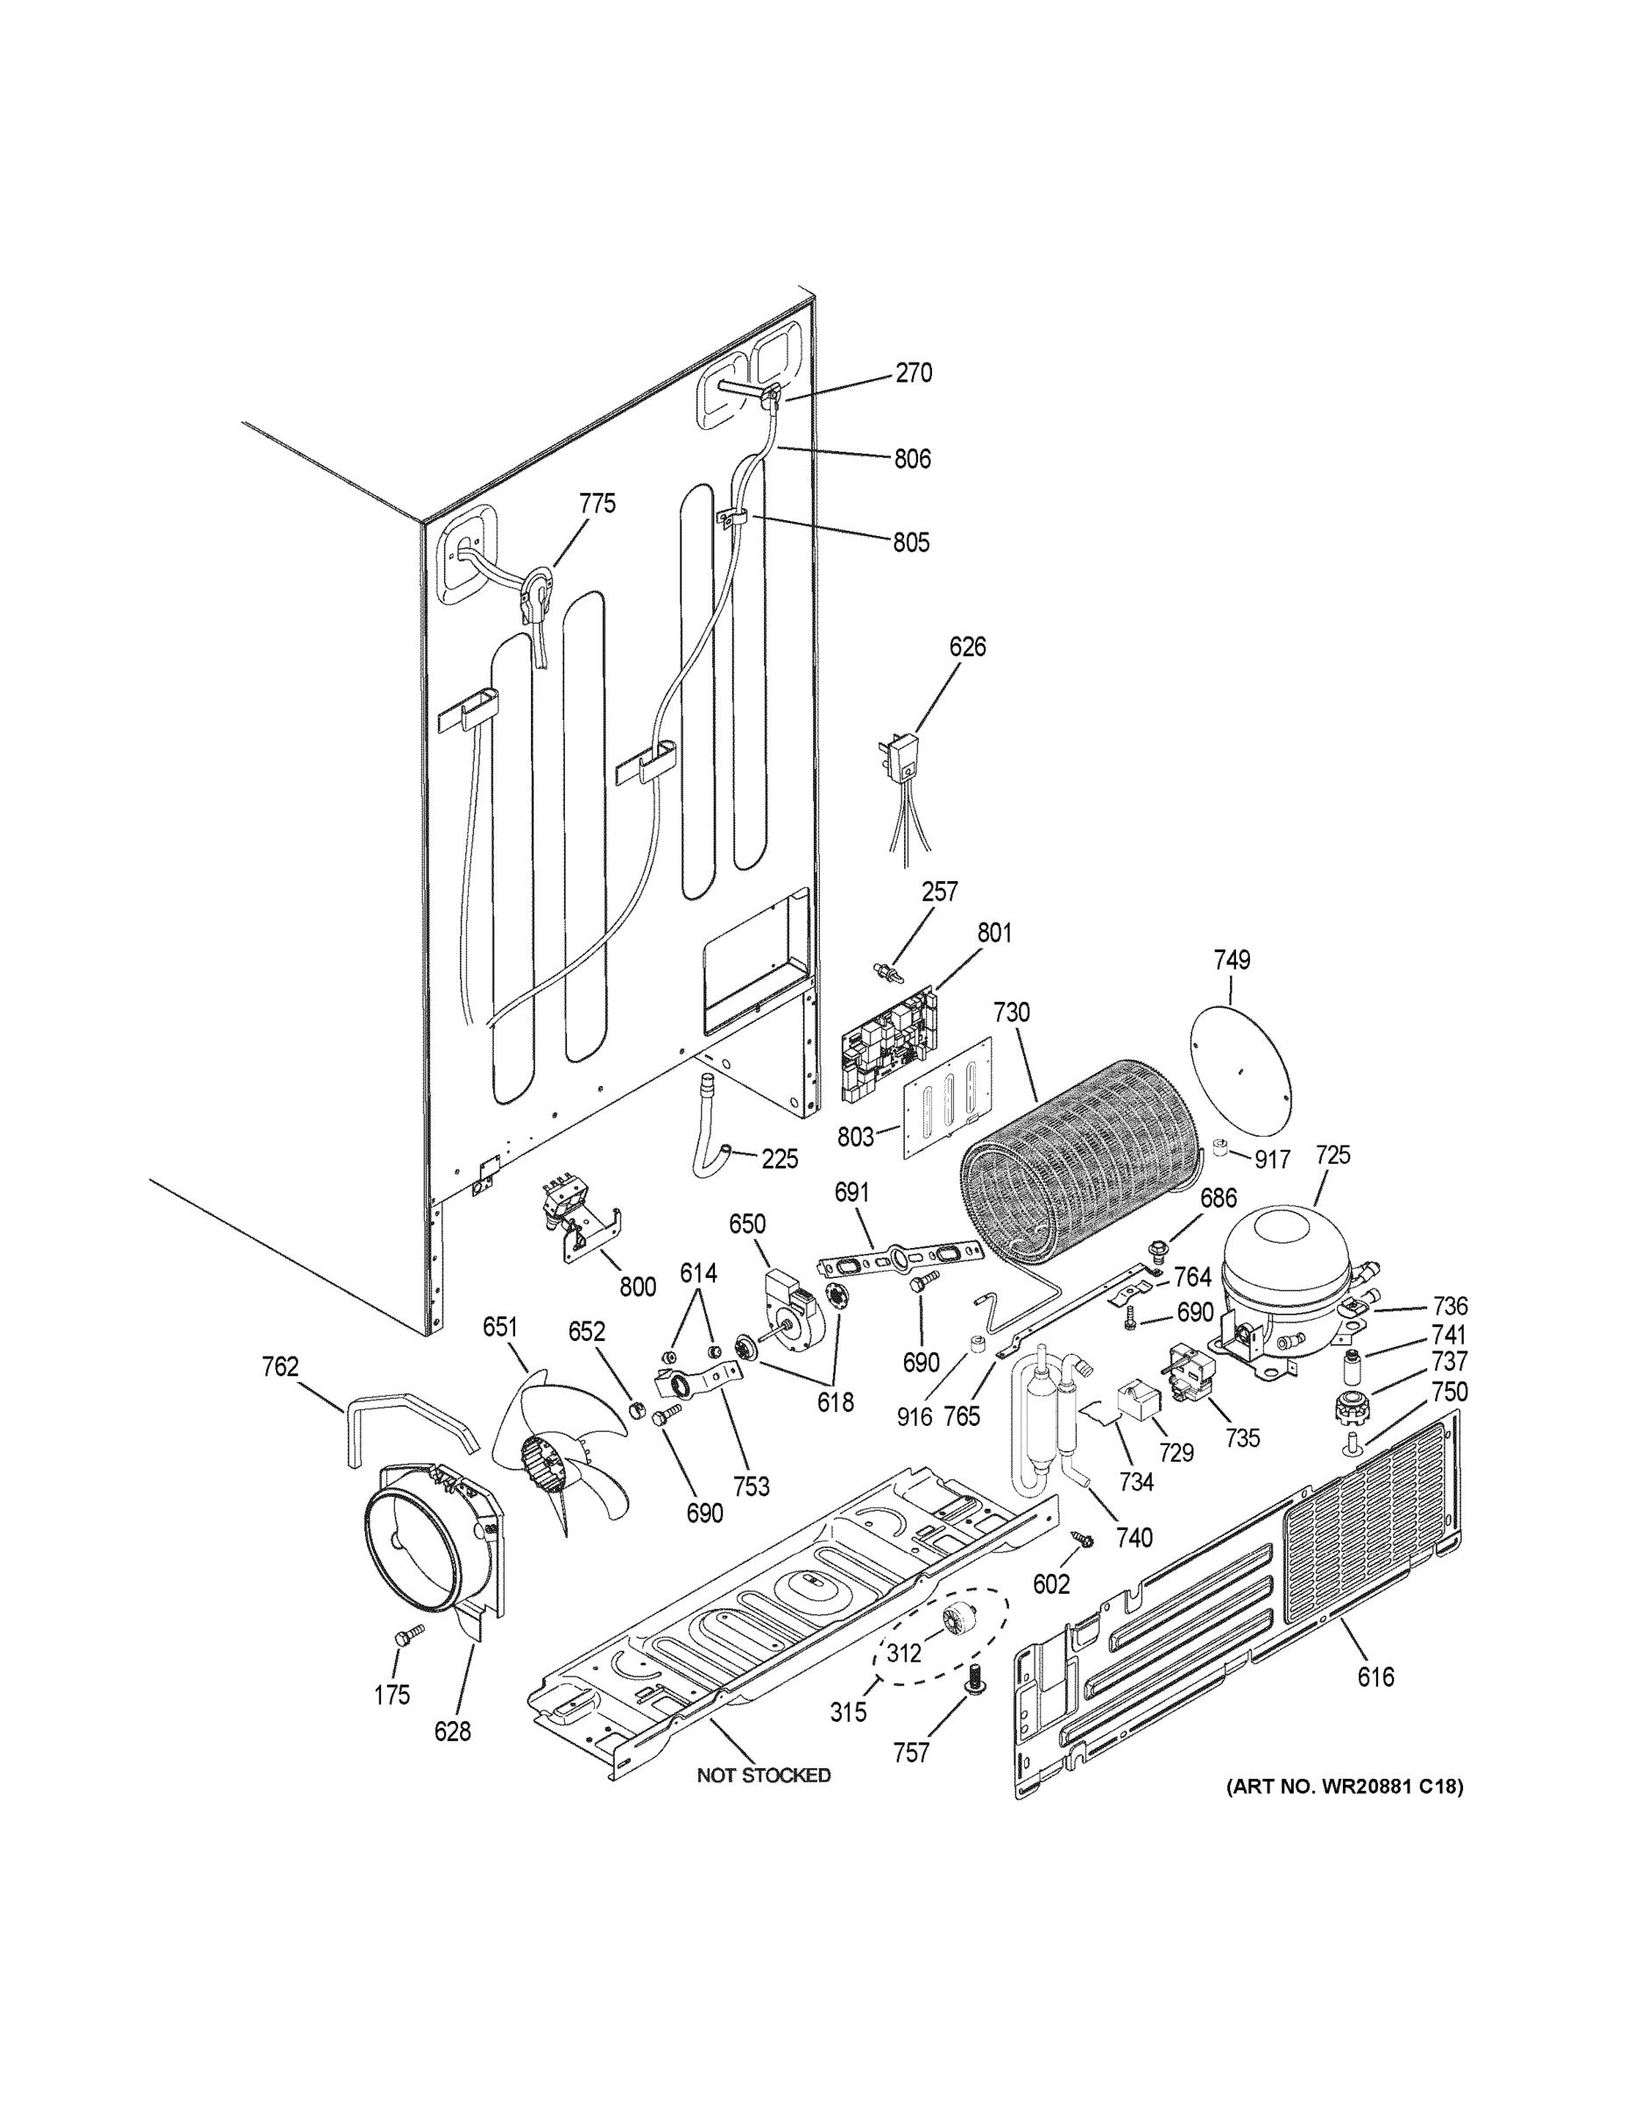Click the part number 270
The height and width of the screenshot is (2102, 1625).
(x=913, y=373)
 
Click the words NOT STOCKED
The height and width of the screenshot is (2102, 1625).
(x=763, y=1774)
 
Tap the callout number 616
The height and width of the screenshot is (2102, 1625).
(x=1374, y=1677)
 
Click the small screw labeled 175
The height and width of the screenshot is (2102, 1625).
(x=409, y=1633)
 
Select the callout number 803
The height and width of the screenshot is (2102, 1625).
(x=855, y=1138)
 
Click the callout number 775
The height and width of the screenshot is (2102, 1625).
(x=597, y=504)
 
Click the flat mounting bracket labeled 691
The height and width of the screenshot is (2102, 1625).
(x=897, y=1258)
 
